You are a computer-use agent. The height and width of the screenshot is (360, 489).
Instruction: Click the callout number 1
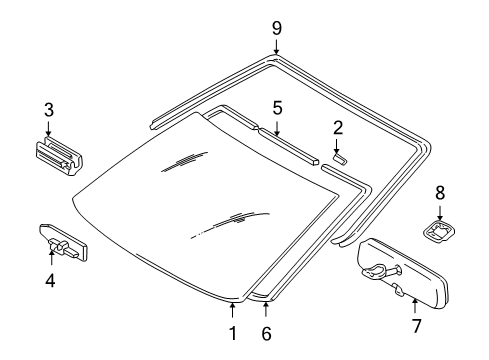(232, 333)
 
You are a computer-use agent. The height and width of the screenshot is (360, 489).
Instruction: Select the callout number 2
(338, 127)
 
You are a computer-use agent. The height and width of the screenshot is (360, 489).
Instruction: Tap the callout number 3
(47, 110)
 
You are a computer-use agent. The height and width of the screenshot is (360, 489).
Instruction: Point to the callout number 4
(49, 281)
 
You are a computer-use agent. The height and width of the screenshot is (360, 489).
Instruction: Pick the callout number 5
(277, 106)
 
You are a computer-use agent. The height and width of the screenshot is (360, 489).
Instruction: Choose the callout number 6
(266, 333)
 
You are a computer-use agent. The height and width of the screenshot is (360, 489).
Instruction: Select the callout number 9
(276, 27)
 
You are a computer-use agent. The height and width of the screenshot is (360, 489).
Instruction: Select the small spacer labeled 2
(340, 157)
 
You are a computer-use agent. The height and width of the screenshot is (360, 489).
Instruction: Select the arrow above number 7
(414, 302)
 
